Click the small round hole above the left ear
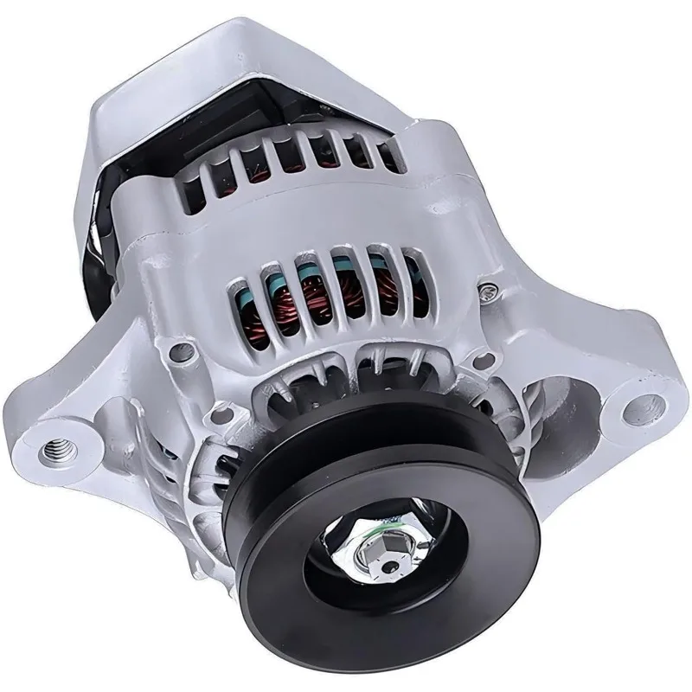click(179, 351)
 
